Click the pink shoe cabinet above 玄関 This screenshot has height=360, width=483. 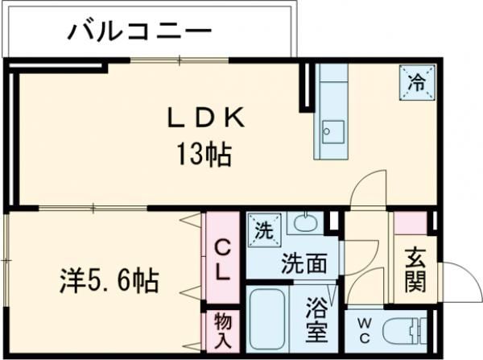tap(409, 223)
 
